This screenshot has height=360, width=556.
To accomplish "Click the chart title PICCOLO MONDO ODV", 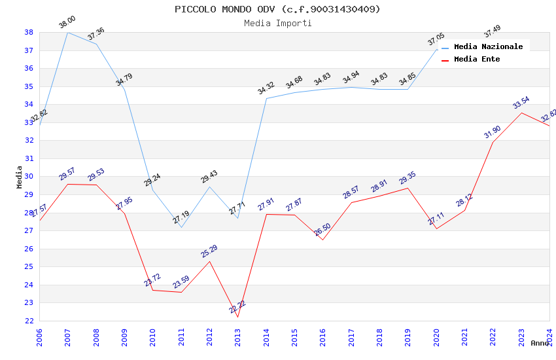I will tap(277, 9).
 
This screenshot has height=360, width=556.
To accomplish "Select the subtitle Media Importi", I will tap(277, 23).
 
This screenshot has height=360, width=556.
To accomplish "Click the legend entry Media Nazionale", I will tap(488, 47).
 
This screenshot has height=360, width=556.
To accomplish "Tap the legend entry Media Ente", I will tap(477, 59).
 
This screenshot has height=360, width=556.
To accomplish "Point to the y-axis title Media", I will tap(19, 177).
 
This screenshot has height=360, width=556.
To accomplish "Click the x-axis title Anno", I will tap(539, 343).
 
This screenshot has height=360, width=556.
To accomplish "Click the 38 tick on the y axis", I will tap(29, 32).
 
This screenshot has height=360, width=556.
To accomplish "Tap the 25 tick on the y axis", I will tap(29, 266).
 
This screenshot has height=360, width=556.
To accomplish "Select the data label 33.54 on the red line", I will tap(521, 103).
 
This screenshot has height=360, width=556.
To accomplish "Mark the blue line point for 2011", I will tap(181, 227).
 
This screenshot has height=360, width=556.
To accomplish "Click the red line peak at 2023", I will tap(521, 113).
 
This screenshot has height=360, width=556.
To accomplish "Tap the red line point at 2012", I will tap(209, 261).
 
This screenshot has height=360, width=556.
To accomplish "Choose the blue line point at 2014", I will tap(266, 98).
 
